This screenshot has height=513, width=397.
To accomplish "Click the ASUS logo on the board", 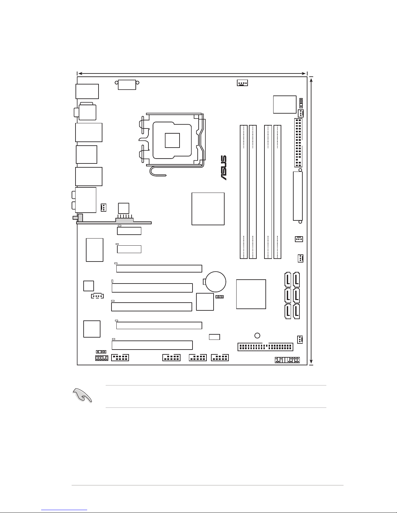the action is click(x=224, y=168).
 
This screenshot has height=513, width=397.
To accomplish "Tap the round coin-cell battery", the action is click(x=216, y=282).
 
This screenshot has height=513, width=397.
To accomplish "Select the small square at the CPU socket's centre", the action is click(x=172, y=140).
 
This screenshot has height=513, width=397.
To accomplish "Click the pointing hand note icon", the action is click(x=82, y=395).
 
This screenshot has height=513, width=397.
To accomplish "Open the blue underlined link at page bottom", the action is click(x=64, y=510).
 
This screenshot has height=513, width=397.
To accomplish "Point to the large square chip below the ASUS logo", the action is click(x=208, y=209).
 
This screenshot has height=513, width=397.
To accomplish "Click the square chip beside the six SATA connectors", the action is click(x=251, y=294).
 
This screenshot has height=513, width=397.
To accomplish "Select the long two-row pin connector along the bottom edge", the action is click(x=265, y=347).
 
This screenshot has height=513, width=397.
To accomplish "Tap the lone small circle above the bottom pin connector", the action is click(x=257, y=335).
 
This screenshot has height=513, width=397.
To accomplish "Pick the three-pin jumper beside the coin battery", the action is click(x=219, y=297).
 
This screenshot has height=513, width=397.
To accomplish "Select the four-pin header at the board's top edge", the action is click(x=242, y=83).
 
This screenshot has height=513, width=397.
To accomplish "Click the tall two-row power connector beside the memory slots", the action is click(x=298, y=143).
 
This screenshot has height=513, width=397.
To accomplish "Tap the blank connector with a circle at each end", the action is click(x=298, y=196).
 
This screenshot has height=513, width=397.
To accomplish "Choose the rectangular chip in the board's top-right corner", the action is click(x=285, y=104).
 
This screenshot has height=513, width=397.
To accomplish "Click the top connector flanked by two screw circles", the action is click(x=127, y=85).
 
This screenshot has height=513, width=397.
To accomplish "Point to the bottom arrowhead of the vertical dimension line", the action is click(x=311, y=362).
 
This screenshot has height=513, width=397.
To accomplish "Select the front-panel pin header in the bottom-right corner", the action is click(x=287, y=360).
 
